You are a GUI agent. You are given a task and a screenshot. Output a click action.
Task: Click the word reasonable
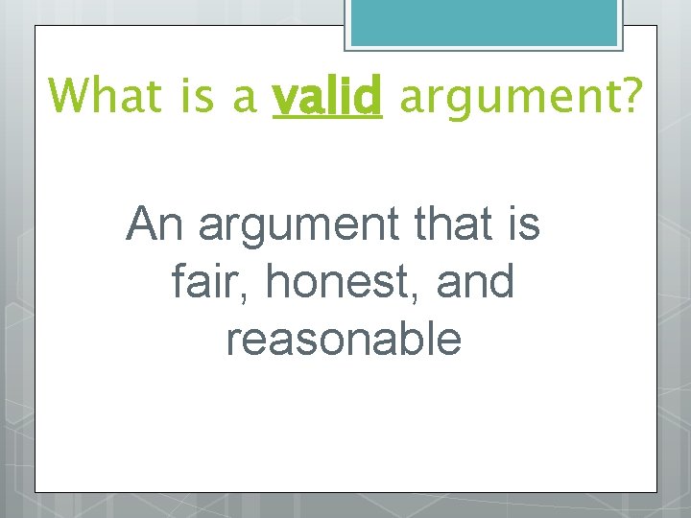point(344,339)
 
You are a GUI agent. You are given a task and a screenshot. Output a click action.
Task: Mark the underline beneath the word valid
point(327,118)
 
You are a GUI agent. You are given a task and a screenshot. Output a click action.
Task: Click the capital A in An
point(141,225)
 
